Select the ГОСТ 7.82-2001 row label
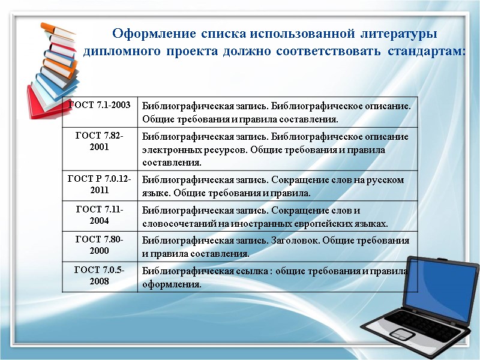[x=100, y=142]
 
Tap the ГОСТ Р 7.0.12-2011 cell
[x=100, y=184]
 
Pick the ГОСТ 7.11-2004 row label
[x=100, y=215]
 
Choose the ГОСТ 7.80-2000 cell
[x=100, y=245]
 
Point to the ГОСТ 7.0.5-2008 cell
[x=100, y=275]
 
